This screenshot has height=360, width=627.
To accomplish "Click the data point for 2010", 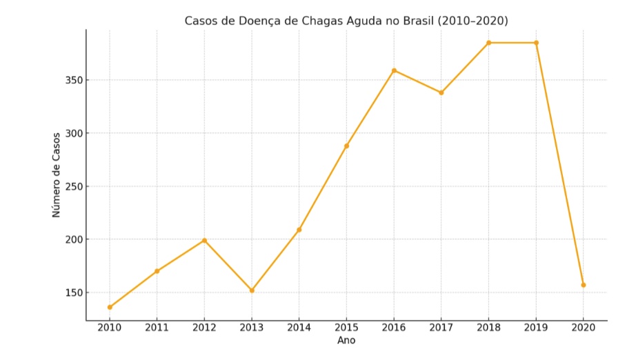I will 110,307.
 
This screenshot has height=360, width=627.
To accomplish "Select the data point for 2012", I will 204,240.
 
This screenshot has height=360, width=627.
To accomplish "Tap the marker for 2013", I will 252,290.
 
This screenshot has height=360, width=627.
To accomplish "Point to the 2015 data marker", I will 346,146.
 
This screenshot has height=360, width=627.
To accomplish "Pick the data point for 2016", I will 394,70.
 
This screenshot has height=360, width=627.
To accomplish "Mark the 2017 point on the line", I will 441,92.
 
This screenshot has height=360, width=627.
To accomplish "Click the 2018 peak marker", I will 488,43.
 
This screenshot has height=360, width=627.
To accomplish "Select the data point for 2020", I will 584,285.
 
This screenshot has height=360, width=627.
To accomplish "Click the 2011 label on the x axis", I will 157,328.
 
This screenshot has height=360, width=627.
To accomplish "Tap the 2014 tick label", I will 299,328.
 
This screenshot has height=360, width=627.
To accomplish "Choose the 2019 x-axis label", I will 536,328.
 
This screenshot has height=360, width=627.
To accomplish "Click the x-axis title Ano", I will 346,341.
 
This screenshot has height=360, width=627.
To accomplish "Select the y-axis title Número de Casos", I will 57,175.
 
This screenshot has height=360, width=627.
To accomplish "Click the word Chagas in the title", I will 321,21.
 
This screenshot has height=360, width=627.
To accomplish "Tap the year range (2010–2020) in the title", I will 473,21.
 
